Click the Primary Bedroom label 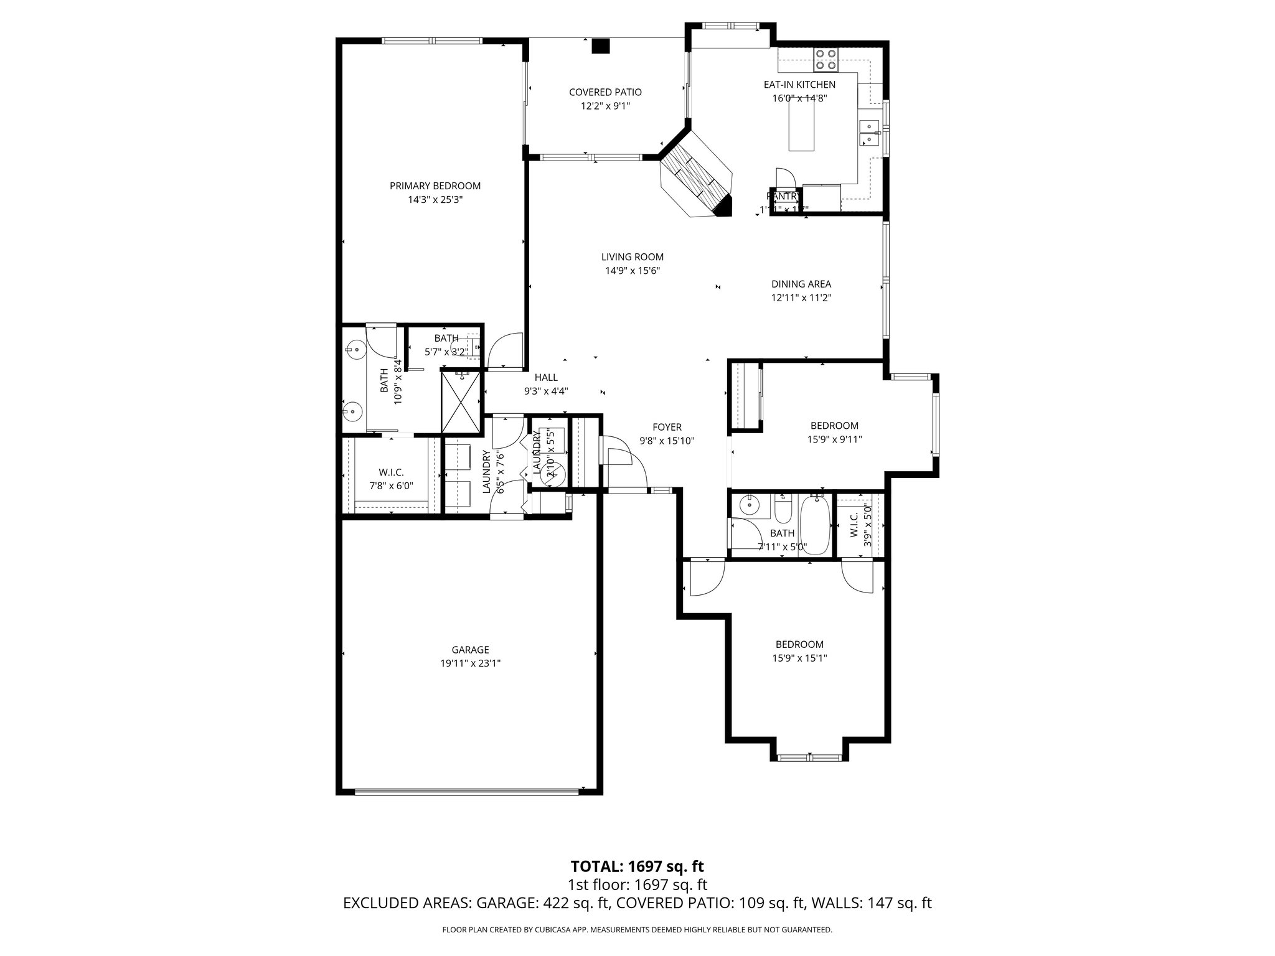(435, 185)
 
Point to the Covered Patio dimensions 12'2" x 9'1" (605, 106)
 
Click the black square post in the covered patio (600, 47)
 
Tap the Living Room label (632, 256)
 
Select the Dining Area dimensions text (801, 298)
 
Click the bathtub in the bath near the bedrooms (814, 525)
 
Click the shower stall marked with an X (461, 401)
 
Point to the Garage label (470, 650)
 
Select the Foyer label (667, 427)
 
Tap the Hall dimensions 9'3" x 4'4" (545, 391)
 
